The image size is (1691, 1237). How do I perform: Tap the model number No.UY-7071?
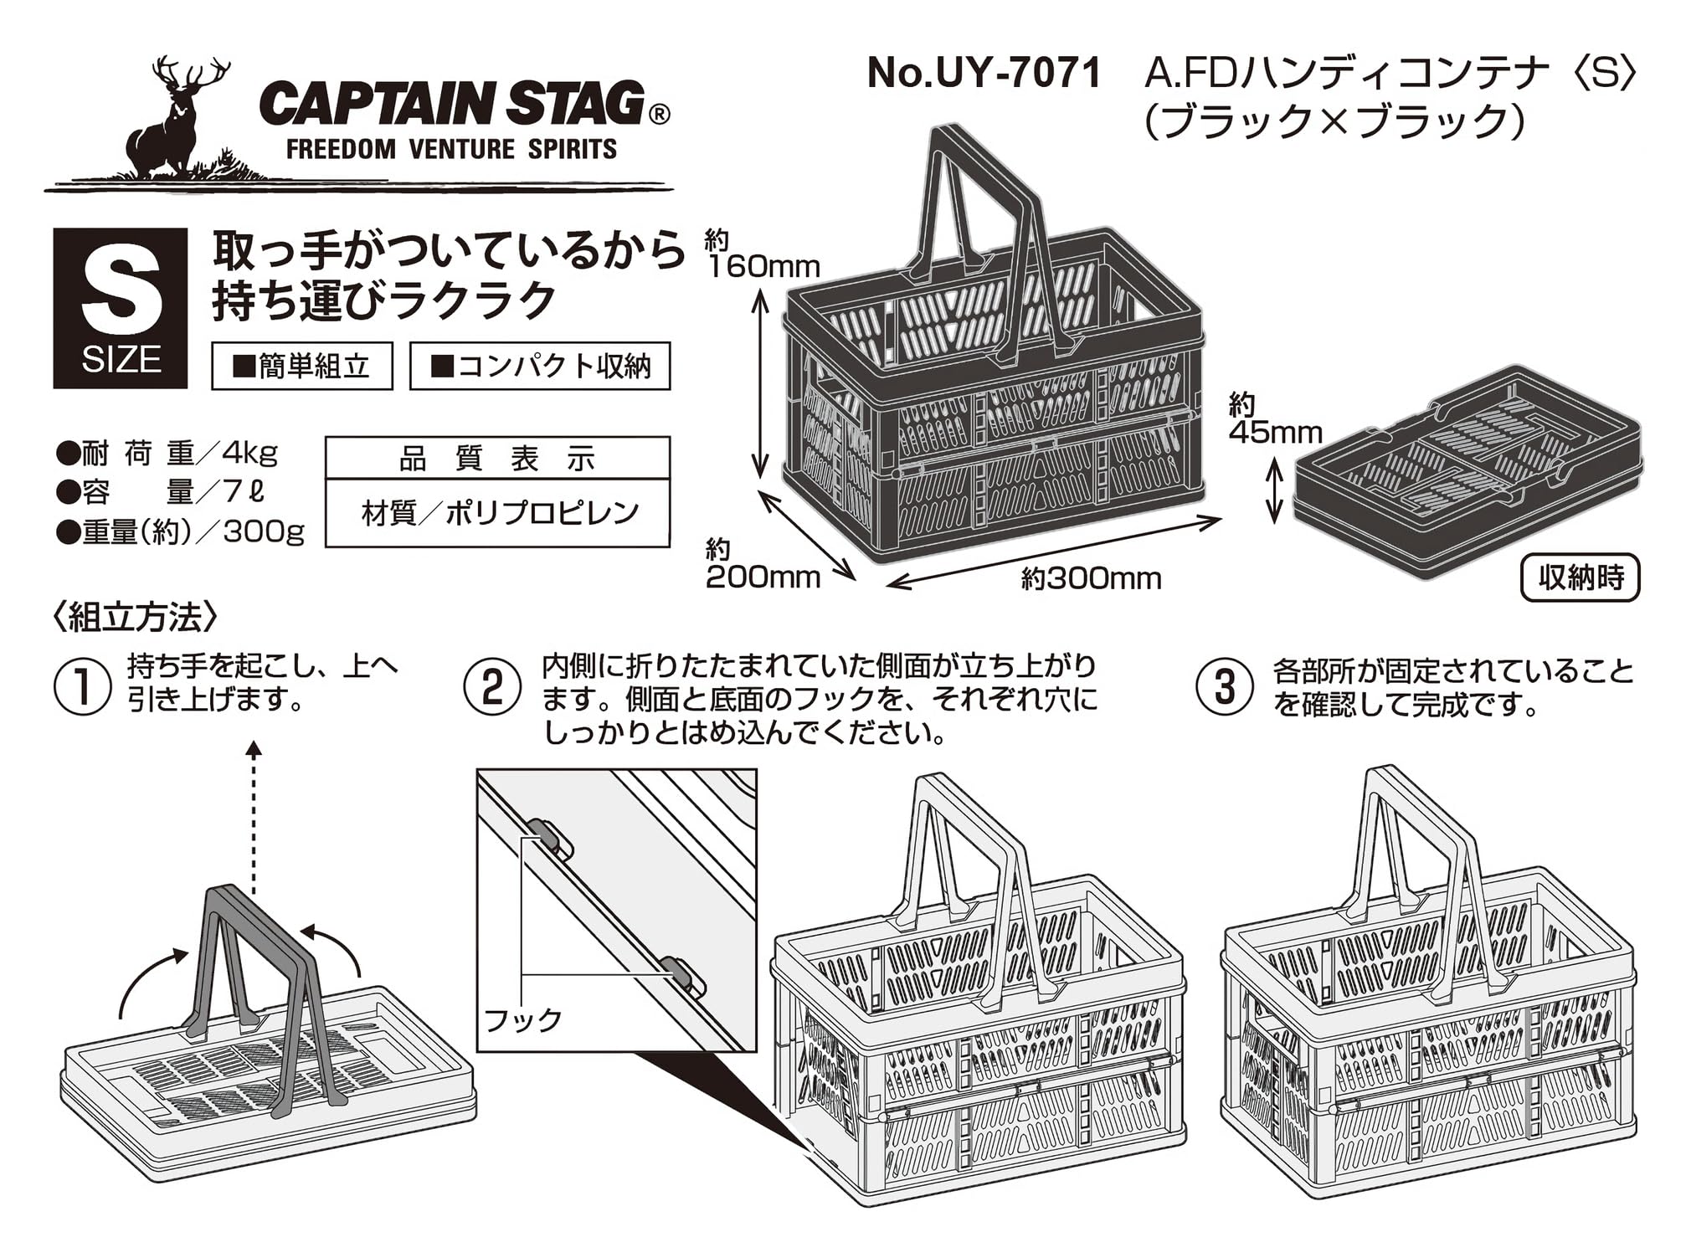[x=984, y=74]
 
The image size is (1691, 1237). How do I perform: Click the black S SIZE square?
[x=121, y=308]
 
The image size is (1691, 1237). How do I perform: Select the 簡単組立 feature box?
[x=302, y=366]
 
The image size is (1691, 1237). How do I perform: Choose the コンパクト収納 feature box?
[x=540, y=366]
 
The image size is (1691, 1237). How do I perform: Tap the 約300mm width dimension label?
[x=1091, y=578]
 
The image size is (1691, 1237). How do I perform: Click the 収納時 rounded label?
[x=1580, y=577]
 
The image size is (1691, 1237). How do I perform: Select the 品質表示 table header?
[x=497, y=459]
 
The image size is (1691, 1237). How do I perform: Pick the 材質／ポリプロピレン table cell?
[x=499, y=512]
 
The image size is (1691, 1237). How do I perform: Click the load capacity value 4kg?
[x=249, y=454]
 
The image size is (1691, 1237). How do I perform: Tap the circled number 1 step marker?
[x=82, y=686]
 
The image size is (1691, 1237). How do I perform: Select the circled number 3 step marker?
[x=1225, y=688]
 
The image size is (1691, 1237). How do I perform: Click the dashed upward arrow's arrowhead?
[x=254, y=748]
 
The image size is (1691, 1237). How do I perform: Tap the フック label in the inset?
[x=522, y=1019]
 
